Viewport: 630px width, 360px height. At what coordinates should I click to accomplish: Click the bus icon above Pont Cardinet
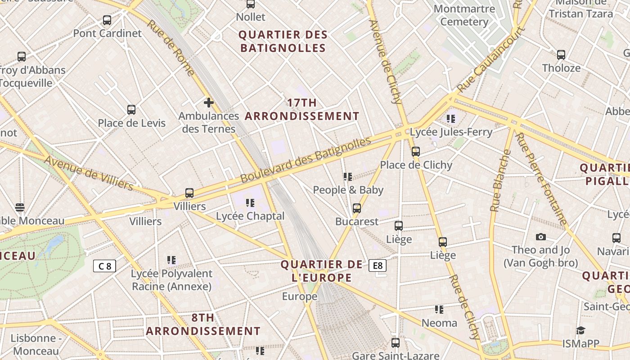pos(107,20)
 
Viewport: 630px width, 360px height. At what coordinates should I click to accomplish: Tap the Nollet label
pos(251,17)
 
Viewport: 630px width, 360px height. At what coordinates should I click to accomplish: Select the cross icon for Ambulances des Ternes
pos(208,103)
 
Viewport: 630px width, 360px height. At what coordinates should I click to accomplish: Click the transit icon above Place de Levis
pos(131,110)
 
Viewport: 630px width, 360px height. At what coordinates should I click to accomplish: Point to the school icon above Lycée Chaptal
pos(250,203)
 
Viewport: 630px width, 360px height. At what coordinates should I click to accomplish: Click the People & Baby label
pos(348,190)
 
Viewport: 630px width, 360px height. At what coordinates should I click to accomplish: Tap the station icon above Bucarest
pos(357,208)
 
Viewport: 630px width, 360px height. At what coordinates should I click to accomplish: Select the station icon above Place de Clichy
pos(416,152)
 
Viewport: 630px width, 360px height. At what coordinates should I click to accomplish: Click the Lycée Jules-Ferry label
pos(451,132)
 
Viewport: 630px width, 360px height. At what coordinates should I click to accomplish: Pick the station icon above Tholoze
pos(561,55)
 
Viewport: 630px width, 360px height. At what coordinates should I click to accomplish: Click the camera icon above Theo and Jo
pos(541,237)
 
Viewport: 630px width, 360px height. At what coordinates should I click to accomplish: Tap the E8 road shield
pos(378,265)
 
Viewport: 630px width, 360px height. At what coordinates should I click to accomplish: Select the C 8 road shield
pos(104,266)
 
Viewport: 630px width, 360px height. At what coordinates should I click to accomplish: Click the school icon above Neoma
pos(439,310)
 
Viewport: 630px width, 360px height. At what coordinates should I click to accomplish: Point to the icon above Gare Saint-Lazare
pos(396,343)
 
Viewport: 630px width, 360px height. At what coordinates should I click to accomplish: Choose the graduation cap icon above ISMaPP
pos(580,331)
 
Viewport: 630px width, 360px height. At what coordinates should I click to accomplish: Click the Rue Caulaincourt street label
pos(492,60)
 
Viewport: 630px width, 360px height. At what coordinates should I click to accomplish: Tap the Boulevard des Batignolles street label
pos(306,160)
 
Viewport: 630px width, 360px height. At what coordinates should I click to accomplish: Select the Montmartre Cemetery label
pos(464,15)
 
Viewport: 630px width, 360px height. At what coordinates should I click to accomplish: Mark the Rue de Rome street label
pos(171,48)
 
